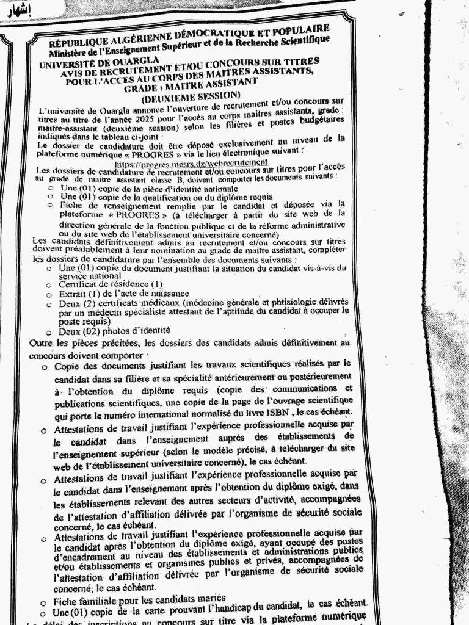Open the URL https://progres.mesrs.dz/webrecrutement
pyautogui.click(x=191, y=163)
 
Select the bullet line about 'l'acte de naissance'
pyautogui.click(x=115, y=293)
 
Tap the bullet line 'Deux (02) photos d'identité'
pyautogui.click(x=114, y=330)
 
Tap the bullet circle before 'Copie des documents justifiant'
pyautogui.click(x=45, y=367)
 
